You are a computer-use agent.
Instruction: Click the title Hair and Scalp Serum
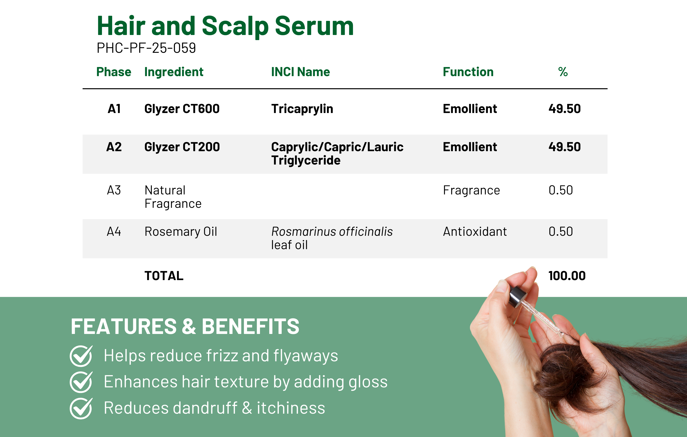(225, 26)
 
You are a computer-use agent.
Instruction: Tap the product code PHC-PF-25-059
(146, 48)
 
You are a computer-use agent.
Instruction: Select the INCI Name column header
(300, 72)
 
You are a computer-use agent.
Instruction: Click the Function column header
(468, 72)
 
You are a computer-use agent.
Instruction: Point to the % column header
(563, 72)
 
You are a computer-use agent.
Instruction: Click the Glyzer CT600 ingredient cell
(182, 109)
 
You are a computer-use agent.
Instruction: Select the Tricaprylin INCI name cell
(302, 109)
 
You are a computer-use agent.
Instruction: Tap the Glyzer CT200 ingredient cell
(182, 147)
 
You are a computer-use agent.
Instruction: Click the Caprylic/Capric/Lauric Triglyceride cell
(337, 154)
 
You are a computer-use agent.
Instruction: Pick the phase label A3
(114, 190)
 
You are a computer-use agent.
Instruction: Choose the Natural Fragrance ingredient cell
(173, 197)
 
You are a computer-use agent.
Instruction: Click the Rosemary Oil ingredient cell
(181, 232)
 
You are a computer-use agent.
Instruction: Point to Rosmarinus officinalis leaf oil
(332, 238)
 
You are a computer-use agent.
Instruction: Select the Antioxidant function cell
(475, 232)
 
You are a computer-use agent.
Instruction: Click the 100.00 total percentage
(567, 276)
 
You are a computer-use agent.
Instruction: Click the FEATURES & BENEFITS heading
(185, 326)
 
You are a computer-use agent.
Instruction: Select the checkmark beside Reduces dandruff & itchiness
(81, 408)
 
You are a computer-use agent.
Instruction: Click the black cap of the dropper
(518, 297)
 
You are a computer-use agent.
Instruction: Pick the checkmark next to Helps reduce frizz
(81, 356)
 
